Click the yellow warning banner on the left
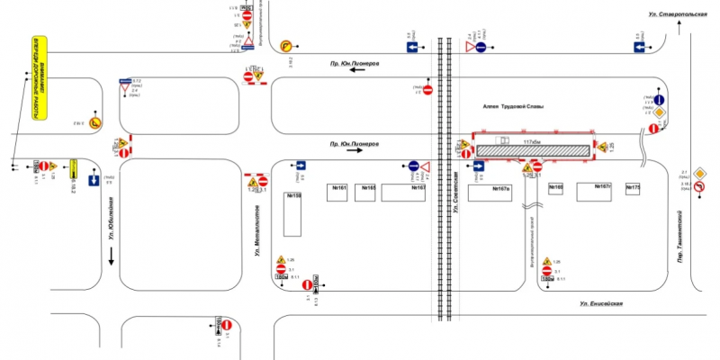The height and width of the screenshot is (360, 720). tap(37, 79)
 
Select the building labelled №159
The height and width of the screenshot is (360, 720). tap(294, 213)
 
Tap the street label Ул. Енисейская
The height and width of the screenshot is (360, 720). tap(601, 304)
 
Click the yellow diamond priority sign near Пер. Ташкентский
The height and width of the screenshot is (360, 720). tap(658, 111)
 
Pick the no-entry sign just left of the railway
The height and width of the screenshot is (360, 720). tap(429, 89)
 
